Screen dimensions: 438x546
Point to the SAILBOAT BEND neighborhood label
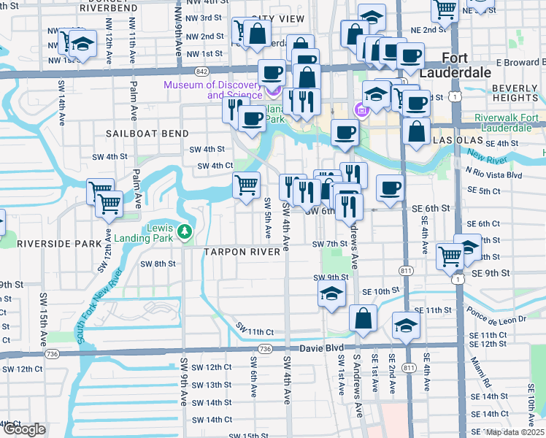click(x=147, y=134)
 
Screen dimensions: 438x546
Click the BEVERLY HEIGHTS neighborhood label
click(x=515, y=93)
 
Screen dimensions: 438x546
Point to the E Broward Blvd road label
click(x=520, y=63)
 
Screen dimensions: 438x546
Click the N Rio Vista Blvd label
click(x=494, y=175)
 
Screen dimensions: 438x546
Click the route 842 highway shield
click(x=202, y=71)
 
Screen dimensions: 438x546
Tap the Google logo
click(x=23, y=430)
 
